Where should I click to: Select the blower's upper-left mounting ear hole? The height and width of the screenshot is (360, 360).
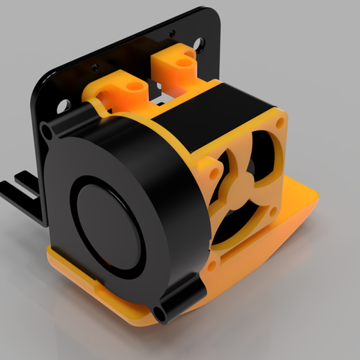pos(47,130)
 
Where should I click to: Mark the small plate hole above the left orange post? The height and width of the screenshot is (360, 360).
pos(94,67)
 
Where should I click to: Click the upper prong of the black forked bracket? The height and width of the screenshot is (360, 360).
pos(24,179)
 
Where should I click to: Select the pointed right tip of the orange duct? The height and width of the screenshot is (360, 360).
pos(317,200)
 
